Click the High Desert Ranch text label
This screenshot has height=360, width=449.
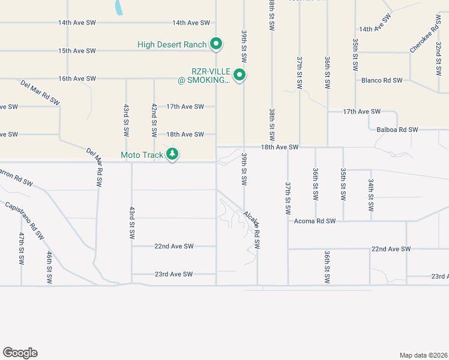tap(172, 44)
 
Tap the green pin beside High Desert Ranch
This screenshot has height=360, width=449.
tap(217, 44)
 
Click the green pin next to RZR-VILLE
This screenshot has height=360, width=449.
tap(240, 76)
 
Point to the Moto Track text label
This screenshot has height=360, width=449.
tap(142, 155)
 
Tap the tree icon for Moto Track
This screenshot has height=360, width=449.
tap(172, 154)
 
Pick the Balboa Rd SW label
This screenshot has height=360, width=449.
tap(397, 130)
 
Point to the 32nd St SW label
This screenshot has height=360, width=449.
tap(439, 58)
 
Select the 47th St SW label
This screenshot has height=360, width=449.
tap(21, 248)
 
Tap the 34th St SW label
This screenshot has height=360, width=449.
tap(371, 194)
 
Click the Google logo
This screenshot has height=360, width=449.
tap(20, 353)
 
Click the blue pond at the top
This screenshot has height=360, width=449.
tap(119, 7)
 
